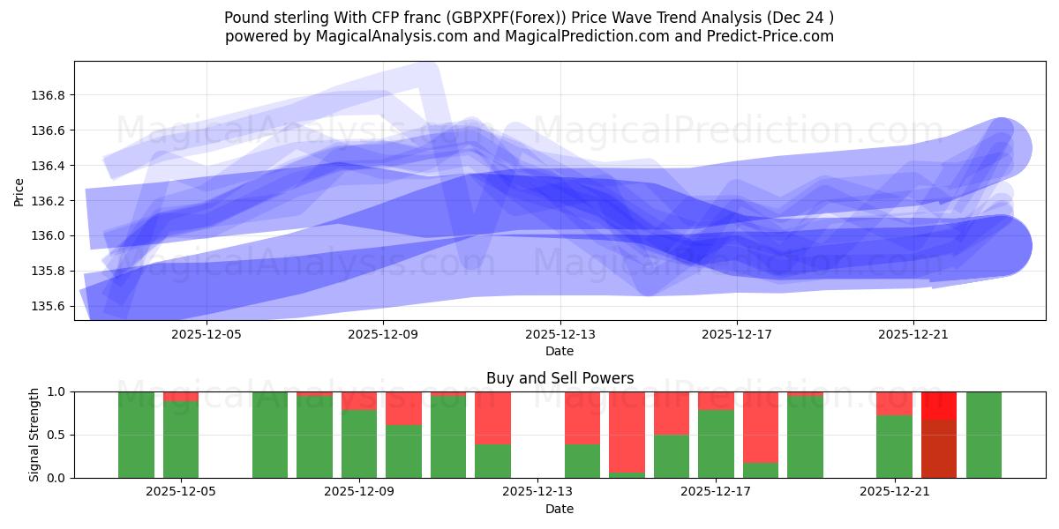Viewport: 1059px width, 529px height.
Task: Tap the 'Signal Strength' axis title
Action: [x=34, y=435]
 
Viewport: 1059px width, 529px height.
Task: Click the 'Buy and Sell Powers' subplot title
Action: [x=560, y=378]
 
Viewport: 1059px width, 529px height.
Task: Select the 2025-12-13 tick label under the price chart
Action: [x=560, y=334]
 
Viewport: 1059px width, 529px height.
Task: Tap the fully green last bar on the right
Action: [x=984, y=435]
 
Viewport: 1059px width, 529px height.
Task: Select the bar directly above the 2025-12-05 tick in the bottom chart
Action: [x=181, y=439]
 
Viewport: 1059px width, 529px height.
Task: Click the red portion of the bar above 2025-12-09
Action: [x=359, y=400]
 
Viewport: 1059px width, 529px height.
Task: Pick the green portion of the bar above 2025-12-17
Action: [x=716, y=443]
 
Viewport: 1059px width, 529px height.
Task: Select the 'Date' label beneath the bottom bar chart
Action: [x=560, y=509]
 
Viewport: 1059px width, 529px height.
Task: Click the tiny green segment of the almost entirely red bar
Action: [x=627, y=475]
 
